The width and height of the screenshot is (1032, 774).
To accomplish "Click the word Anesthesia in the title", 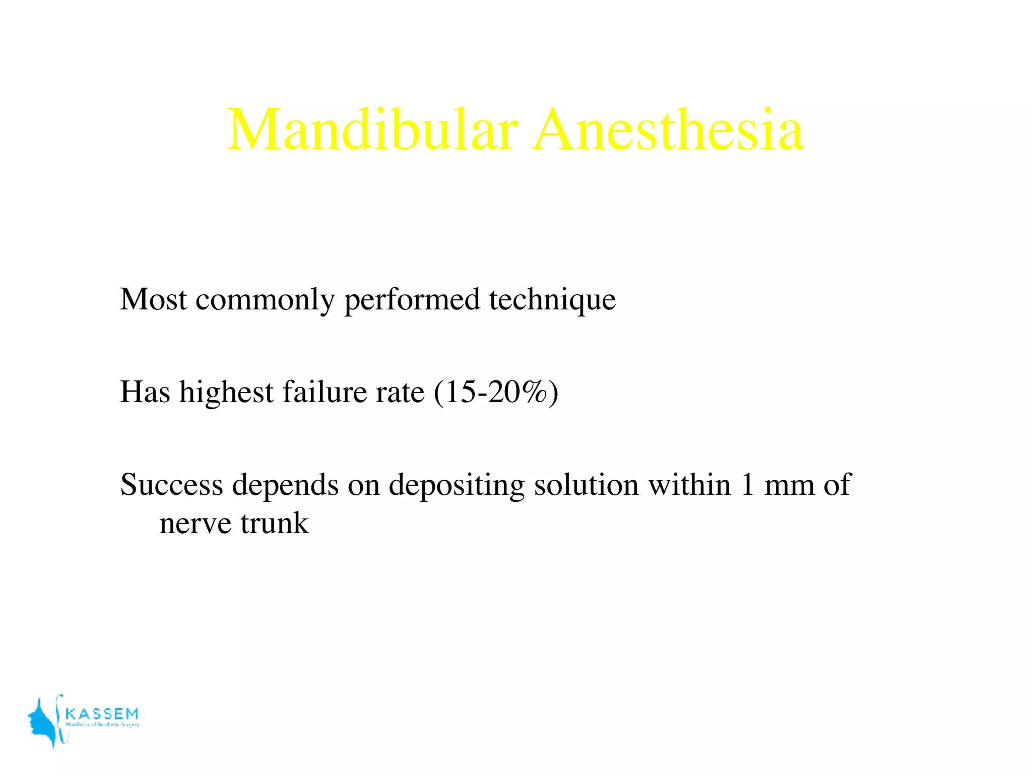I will [668, 130].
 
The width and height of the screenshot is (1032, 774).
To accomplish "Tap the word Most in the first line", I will [154, 299].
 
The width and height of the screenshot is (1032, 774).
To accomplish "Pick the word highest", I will [226, 393].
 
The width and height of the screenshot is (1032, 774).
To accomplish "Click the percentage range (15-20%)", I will [496, 393].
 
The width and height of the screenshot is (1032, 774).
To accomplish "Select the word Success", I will [172, 485].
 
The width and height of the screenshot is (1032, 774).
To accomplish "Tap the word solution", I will [587, 485].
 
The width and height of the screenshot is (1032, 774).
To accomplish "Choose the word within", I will [689, 485].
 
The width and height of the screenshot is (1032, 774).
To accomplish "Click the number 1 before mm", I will [748, 485].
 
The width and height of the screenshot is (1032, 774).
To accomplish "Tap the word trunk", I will [275, 523].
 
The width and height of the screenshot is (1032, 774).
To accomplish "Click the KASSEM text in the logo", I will [102, 714].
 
